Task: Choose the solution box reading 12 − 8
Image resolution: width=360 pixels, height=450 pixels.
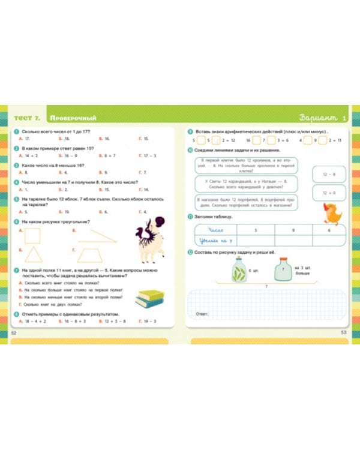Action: pos(328,174)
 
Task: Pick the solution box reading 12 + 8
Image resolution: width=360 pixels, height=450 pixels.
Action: pos(328,193)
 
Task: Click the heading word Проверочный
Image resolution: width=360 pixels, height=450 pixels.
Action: pos(73,118)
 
